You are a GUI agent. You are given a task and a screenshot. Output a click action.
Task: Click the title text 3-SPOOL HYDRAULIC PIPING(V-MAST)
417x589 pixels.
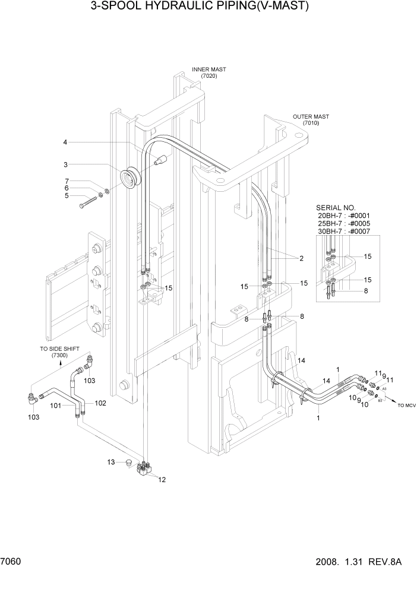(200, 7)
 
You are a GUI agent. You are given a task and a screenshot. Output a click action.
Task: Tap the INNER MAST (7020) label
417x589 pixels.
(208, 72)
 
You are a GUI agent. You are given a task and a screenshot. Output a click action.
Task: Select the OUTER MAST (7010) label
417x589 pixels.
(311, 120)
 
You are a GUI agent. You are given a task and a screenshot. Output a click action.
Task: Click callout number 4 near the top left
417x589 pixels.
(66, 142)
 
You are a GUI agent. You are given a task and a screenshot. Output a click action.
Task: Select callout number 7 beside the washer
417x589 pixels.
(67, 181)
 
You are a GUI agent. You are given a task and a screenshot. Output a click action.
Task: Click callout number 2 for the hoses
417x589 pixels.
(301, 258)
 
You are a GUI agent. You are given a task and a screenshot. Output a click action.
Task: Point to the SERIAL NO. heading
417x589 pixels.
(336, 208)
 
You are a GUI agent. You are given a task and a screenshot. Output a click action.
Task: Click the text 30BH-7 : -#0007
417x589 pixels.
(345, 231)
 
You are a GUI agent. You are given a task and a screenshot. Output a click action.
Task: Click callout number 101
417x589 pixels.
(55, 406)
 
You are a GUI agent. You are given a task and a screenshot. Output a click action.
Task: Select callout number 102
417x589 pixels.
(100, 403)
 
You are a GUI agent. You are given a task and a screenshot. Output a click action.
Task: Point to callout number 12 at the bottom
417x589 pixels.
(162, 480)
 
